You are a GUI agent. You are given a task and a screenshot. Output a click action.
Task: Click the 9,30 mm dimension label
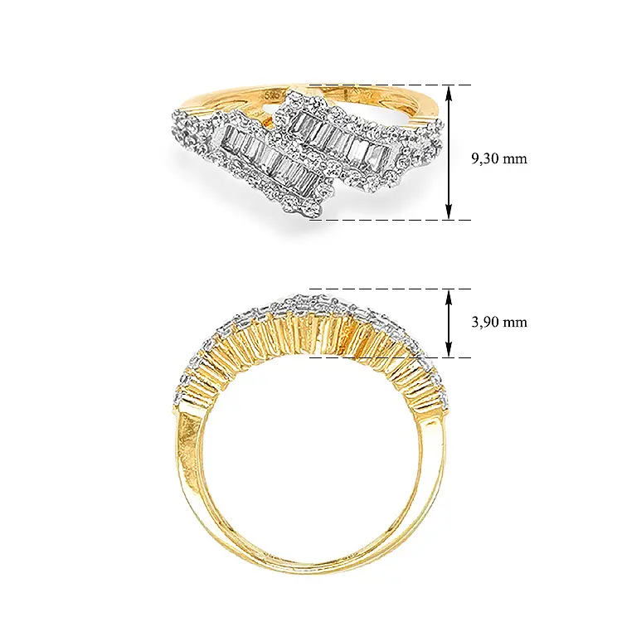tap(499, 158)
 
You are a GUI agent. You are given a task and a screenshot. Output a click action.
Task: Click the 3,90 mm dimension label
tap(499, 322)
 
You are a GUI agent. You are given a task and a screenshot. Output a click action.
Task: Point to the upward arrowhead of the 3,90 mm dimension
tap(449, 297)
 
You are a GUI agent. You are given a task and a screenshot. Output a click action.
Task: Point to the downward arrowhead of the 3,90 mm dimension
tap(449, 350)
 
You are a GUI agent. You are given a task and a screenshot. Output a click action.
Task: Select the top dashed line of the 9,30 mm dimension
tap(390, 85)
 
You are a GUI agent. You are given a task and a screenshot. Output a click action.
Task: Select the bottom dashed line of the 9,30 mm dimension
tap(390, 220)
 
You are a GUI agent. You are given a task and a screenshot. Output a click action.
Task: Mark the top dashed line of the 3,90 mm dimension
tap(390, 289)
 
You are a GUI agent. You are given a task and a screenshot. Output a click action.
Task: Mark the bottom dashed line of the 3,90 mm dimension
tap(390, 357)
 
